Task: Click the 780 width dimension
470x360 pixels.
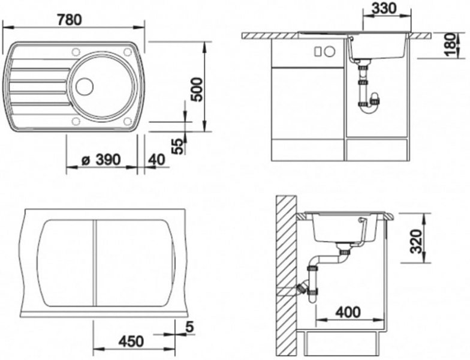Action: pyautogui.click(x=70, y=20)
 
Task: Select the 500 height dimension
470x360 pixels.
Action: pyautogui.click(x=197, y=90)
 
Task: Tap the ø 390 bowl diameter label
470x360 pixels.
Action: pyautogui.click(x=101, y=160)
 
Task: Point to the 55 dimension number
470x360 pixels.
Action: pyautogui.click(x=179, y=146)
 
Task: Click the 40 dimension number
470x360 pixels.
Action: pyautogui.click(x=156, y=160)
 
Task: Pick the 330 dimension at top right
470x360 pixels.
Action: pyautogui.click(x=384, y=8)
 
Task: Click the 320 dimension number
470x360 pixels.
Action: pyautogui.click(x=416, y=242)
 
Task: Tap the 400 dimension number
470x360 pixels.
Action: pyautogui.click(x=348, y=312)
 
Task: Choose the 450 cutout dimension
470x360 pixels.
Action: pyautogui.click(x=131, y=341)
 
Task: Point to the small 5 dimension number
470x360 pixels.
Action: pyautogui.click(x=189, y=328)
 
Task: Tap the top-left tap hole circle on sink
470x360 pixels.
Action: pyautogui.click(x=76, y=52)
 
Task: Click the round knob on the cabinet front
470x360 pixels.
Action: pyautogui.click(x=330, y=52)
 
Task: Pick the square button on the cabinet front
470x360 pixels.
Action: pyautogui.click(x=318, y=52)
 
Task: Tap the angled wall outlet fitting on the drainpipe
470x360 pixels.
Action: pyautogui.click(x=302, y=287)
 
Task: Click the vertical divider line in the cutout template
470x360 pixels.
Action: pyautogui.click(x=95, y=263)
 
